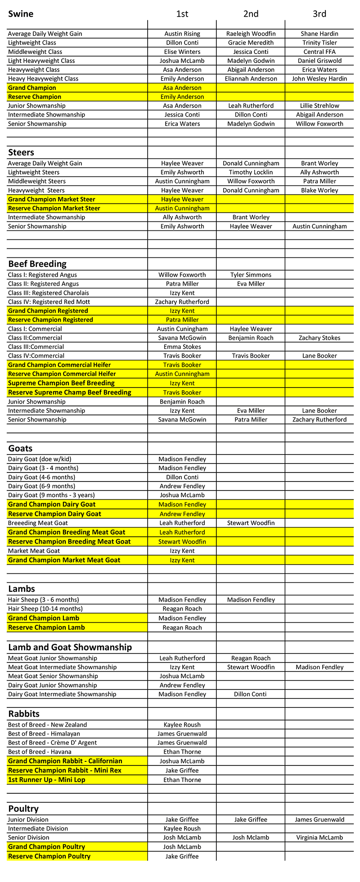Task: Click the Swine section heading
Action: (x=21, y=14)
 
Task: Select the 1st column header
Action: (x=182, y=14)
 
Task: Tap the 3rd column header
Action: (x=319, y=14)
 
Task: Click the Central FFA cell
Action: (x=319, y=52)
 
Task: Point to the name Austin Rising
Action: (x=182, y=34)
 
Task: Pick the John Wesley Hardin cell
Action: (x=319, y=79)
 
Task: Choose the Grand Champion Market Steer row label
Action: (x=52, y=199)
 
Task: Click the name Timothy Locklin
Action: (x=251, y=172)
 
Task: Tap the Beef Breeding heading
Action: (x=37, y=264)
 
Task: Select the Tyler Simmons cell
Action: (x=251, y=275)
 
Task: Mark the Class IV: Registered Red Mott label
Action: (x=49, y=302)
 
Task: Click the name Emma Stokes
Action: (x=182, y=347)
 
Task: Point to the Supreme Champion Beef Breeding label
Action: (x=61, y=383)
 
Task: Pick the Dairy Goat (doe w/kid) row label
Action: (x=40, y=459)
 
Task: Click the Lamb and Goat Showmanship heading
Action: (x=70, y=648)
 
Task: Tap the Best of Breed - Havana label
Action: (x=40, y=752)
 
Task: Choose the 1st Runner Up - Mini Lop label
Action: (x=47, y=780)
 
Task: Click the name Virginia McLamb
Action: (x=319, y=838)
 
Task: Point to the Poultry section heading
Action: (x=23, y=809)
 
